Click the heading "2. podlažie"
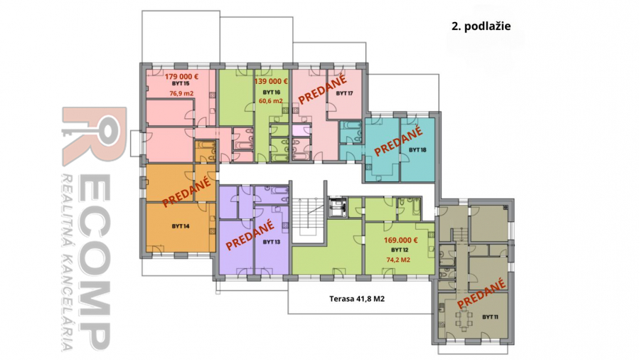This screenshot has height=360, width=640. (x=481, y=26)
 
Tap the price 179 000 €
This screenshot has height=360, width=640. (x=181, y=76)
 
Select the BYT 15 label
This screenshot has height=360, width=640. (x=181, y=84)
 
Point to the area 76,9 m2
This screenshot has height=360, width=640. (x=181, y=93)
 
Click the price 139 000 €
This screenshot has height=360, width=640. (x=271, y=81)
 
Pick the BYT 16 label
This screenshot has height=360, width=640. (x=272, y=92)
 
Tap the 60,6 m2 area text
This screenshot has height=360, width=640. (x=271, y=101)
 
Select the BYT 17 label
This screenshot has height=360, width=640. (x=344, y=93)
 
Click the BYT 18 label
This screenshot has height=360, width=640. (x=417, y=150)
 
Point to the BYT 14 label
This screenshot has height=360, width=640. (x=181, y=226)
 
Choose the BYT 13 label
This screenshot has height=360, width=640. (x=272, y=242)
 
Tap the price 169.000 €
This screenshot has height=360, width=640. (x=400, y=240)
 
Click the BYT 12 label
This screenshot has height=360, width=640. (x=400, y=250)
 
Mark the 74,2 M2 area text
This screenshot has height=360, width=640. (x=398, y=260)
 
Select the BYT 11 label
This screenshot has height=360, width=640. (x=490, y=317)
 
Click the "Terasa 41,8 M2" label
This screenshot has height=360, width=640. (x=357, y=299)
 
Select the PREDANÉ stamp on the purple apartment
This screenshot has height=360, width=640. (x=250, y=234)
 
